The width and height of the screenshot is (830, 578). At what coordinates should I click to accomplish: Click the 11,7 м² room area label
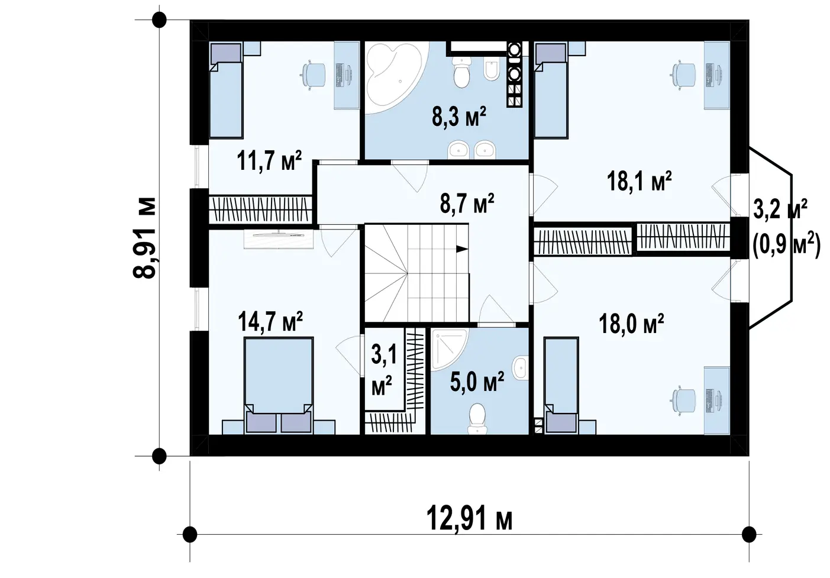coord(269,161)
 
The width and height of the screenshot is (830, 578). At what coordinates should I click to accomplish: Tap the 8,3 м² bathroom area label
coord(458,116)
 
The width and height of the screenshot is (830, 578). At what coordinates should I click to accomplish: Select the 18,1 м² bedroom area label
coord(639,181)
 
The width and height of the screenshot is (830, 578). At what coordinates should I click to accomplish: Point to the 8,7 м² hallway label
coord(467,203)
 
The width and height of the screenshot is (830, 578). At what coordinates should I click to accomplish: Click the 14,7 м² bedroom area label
coord(270,321)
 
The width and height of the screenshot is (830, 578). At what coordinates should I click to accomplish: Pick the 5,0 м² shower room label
coord(477,381)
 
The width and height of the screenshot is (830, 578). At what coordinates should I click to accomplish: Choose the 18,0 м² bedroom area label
coord(631,324)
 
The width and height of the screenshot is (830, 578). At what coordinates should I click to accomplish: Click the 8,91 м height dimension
coord(144,238)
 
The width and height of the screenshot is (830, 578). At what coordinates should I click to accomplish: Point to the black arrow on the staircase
coord(461,249)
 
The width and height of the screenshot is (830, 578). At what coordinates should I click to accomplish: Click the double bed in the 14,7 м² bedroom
coord(279,385)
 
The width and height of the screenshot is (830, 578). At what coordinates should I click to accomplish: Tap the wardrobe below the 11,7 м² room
coord(260,209)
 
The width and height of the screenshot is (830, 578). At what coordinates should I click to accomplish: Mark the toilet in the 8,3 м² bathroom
coord(461,72)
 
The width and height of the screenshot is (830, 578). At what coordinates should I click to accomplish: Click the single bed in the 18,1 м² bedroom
coord(551,91)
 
